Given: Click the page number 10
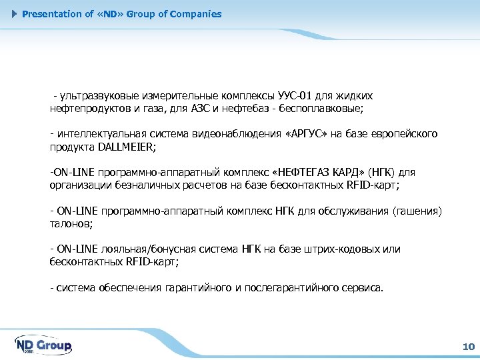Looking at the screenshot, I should coord(467,347).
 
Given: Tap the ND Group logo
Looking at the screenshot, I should coord(43,345).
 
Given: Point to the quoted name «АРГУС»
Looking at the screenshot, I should coord(305,134).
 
